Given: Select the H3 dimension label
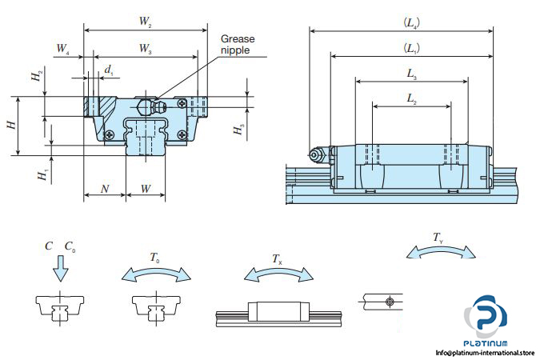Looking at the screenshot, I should [238, 130].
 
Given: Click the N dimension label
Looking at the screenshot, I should [105, 189].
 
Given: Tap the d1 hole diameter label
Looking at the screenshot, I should [108, 70].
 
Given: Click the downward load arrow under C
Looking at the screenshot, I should [58, 272].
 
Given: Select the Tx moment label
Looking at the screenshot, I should [277, 258].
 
